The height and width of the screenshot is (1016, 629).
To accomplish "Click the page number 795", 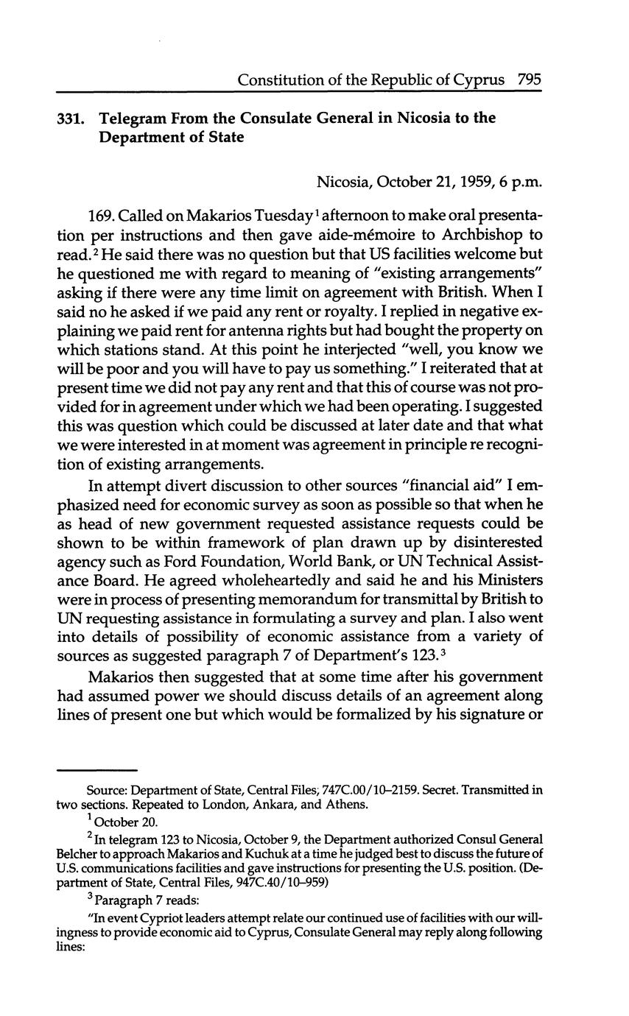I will click(x=530, y=80).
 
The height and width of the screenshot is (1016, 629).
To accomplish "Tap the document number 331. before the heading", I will click(x=71, y=119).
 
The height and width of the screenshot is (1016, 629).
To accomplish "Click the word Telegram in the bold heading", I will click(x=134, y=118).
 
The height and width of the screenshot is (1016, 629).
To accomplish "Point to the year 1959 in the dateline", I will click(x=462, y=181).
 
